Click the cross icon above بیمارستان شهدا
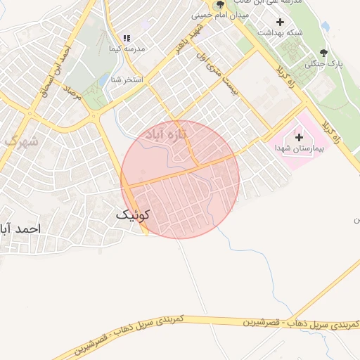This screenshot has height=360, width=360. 300,138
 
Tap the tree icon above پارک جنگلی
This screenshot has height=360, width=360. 323,53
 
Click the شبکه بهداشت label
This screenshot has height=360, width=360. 281,33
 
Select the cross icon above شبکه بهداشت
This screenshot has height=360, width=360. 281,22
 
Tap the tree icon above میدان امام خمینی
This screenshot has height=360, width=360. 220,5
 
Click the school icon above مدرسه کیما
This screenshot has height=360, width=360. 127,38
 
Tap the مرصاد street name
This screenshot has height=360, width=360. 72,98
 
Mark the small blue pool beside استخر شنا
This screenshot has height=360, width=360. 103,81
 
